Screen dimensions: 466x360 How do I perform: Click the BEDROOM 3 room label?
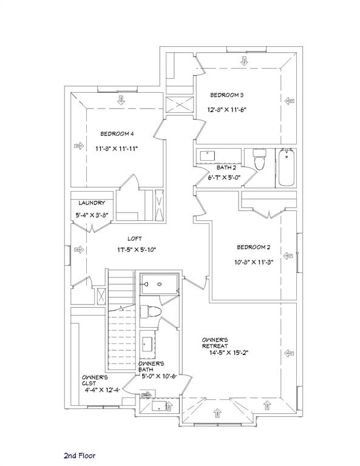[x=227, y=95]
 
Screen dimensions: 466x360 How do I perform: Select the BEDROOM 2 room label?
[x=253, y=247]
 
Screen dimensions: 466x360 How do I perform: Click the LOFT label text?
[x=135, y=238]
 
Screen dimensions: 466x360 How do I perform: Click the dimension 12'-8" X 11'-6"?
[x=226, y=110]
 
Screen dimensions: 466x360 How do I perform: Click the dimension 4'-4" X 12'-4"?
[x=102, y=390]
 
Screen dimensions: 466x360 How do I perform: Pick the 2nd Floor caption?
[x=80, y=454]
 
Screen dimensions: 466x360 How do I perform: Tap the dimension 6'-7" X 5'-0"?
[x=225, y=178]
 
